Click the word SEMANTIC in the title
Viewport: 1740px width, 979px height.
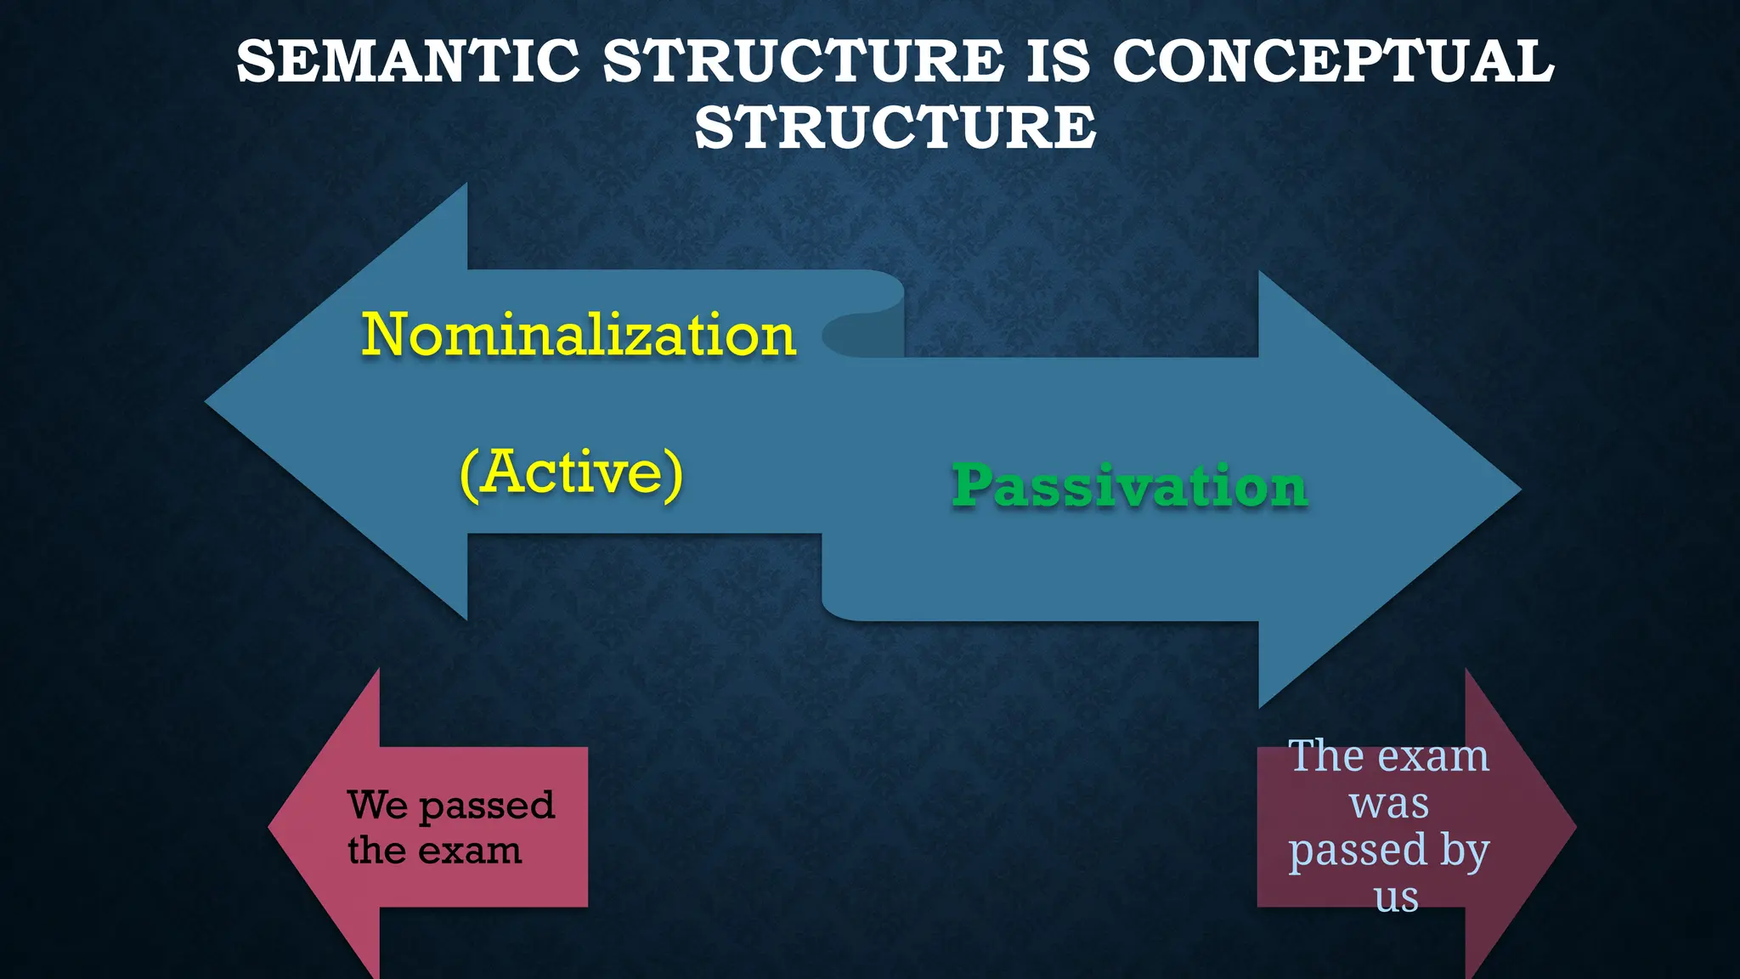click(408, 61)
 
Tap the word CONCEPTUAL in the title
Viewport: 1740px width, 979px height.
click(1333, 61)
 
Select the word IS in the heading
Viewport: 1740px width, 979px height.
click(1058, 61)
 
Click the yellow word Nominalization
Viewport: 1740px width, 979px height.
click(579, 335)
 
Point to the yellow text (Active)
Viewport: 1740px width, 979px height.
click(571, 473)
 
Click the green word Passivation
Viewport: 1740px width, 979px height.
click(1129, 486)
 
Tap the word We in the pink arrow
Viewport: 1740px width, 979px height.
click(377, 805)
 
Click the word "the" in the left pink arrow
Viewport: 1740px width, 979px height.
click(376, 850)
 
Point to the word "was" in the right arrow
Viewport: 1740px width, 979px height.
click(1389, 803)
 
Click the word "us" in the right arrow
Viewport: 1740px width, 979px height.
click(1396, 897)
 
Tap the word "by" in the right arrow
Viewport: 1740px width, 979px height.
click(1464, 851)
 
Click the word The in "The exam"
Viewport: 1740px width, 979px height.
click(1326, 755)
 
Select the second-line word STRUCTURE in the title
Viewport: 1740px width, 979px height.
click(895, 127)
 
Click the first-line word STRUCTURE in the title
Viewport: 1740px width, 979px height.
click(803, 61)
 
